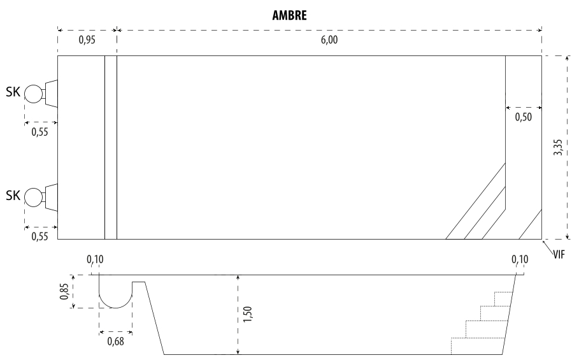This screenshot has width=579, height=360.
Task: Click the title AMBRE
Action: click(289, 15)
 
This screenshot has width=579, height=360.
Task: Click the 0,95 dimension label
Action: click(87, 40)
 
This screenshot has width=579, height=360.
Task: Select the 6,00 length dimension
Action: click(329, 40)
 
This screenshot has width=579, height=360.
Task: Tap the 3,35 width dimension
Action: click(558, 147)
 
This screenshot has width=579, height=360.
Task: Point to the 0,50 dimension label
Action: click(524, 117)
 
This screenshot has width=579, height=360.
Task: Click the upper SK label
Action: click(13, 92)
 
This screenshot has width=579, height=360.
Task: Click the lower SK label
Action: click(13, 196)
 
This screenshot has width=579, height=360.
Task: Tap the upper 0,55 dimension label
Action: click(40, 132)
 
